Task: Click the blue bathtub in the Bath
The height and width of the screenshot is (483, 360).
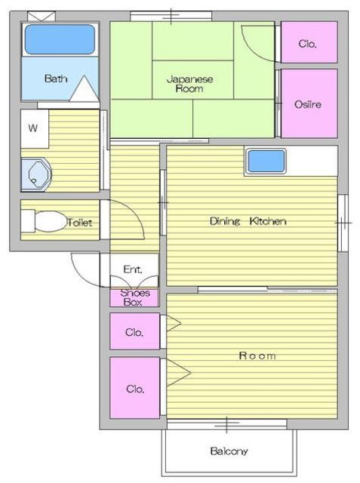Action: [60, 39]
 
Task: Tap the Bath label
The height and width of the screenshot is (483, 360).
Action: [56, 78]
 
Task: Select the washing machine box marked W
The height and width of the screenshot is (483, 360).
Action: [35, 129]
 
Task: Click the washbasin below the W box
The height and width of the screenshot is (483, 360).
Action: [35, 174]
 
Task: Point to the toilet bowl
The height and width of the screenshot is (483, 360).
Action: [50, 221]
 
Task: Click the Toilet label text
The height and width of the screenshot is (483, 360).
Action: [80, 223]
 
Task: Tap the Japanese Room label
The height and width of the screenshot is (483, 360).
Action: [189, 84]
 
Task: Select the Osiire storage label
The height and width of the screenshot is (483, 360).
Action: [308, 104]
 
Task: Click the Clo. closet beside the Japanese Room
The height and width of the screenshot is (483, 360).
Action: [309, 42]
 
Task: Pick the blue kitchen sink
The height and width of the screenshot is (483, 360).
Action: [266, 161]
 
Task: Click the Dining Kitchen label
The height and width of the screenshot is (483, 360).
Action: [248, 221]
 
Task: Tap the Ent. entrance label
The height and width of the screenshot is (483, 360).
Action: [133, 269]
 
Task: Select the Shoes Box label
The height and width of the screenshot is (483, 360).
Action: [134, 297]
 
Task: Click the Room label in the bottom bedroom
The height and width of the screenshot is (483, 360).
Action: [257, 355]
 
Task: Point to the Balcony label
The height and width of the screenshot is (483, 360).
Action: [229, 451]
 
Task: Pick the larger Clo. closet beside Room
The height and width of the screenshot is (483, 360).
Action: [135, 388]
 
